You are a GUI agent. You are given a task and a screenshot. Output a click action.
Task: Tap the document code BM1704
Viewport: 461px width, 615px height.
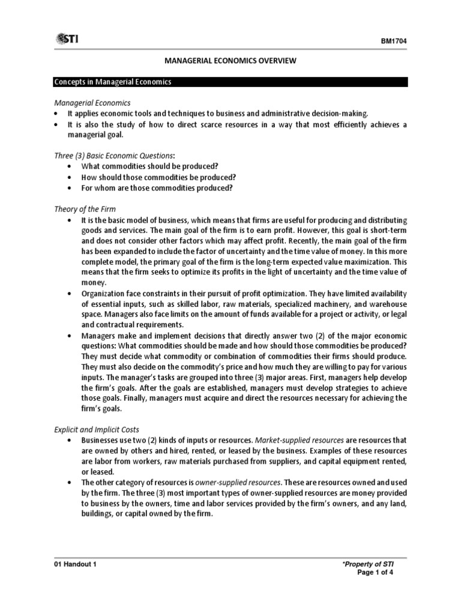[x=394, y=41]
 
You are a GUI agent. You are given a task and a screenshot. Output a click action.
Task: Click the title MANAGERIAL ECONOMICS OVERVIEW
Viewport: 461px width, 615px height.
[x=230, y=61]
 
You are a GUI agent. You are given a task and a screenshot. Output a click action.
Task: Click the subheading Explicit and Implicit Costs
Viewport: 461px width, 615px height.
[x=97, y=429]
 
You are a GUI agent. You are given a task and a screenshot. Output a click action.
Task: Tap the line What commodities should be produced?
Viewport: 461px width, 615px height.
[x=149, y=166]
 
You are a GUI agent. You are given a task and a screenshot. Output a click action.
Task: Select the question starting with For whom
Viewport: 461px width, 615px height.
[x=157, y=188]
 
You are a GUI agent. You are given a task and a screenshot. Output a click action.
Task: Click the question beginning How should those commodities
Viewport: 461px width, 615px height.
[x=159, y=177]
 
